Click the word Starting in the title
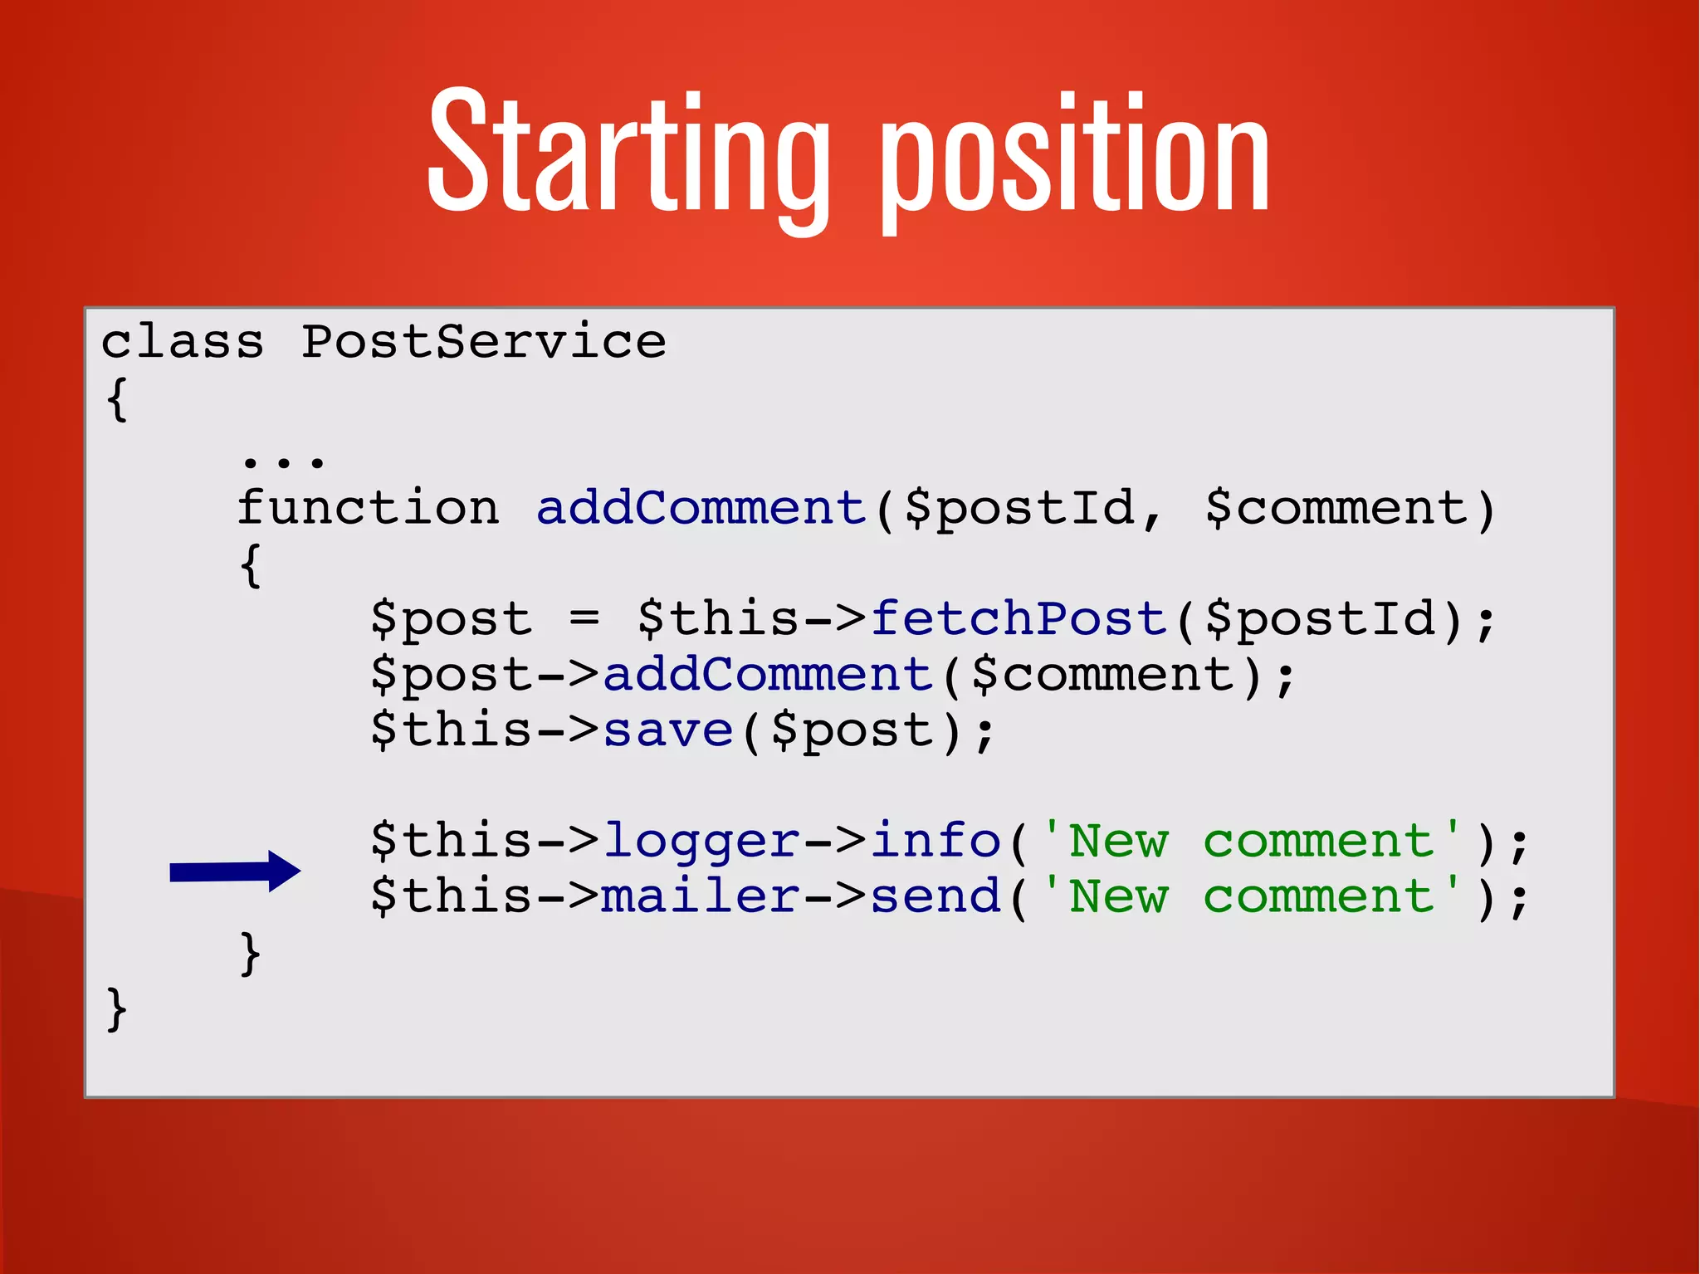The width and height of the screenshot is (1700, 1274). tap(628, 154)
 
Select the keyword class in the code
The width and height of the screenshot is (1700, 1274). tap(183, 342)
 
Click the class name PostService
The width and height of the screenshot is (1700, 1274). tap(483, 342)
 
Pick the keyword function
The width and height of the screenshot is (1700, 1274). tap(369, 508)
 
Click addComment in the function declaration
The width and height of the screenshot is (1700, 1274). tap(701, 508)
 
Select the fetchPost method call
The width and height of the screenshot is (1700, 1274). tap(1019, 619)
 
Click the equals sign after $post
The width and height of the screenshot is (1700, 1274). tap(584, 619)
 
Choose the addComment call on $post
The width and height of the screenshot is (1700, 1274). tap(769, 674)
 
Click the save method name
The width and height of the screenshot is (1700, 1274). tap(668, 730)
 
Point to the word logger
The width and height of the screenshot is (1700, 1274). tap(701, 842)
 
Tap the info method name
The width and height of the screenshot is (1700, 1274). tap(935, 840)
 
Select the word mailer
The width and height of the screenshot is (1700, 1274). tap(701, 896)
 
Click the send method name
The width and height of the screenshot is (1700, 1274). tap(935, 896)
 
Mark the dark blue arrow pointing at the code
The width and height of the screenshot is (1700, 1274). tap(235, 871)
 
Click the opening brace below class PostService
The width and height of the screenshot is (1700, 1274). tap(117, 400)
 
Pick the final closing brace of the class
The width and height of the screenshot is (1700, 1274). tap(117, 1010)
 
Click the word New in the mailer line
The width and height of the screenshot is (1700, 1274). tap(1119, 896)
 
